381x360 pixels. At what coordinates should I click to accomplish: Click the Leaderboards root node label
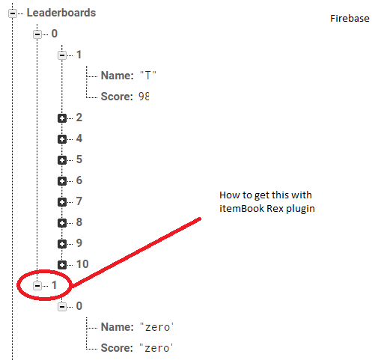[x=61, y=13]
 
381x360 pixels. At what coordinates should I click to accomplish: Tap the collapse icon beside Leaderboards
[x=13, y=13]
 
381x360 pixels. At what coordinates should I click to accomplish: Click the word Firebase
[x=350, y=19]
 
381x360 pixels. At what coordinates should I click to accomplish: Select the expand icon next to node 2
[x=62, y=118]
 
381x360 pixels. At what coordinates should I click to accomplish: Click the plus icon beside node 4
[x=62, y=139]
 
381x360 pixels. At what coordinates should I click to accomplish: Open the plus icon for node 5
[x=62, y=160]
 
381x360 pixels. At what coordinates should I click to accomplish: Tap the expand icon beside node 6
[x=62, y=181]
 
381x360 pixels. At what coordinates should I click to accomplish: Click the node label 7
[x=79, y=201]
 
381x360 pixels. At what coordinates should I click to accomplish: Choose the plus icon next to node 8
[x=62, y=223]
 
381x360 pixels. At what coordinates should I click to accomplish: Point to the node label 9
[x=79, y=243]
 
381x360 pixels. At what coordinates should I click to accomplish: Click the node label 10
[x=82, y=264]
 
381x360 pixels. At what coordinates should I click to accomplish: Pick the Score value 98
[x=144, y=97]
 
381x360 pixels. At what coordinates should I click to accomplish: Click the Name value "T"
[x=148, y=76]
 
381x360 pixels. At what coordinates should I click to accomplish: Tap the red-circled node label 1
[x=54, y=285]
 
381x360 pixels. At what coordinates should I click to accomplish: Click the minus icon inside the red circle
[x=37, y=286]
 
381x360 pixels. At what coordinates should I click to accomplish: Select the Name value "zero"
[x=156, y=327]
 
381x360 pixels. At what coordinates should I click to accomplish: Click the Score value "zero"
[x=156, y=348]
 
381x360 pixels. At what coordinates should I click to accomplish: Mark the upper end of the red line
[x=200, y=219]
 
